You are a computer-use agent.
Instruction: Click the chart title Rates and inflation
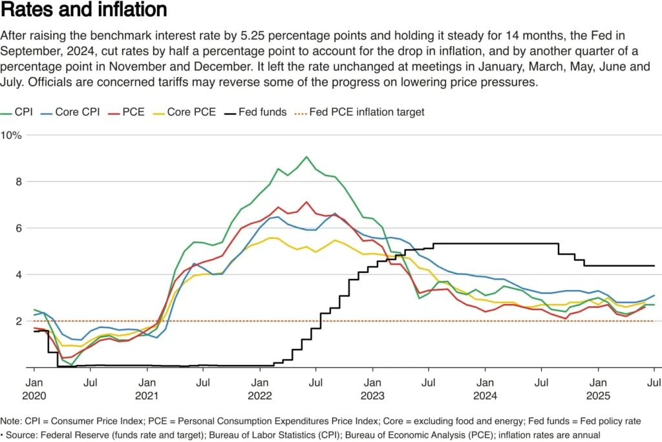[84, 10]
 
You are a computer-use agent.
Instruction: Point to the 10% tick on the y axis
[11, 135]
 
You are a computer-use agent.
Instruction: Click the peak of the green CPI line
[306, 157]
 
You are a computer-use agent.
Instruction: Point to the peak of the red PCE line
[306, 202]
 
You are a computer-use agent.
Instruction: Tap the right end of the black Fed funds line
[654, 266]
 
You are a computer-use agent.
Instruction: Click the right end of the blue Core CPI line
[654, 295]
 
